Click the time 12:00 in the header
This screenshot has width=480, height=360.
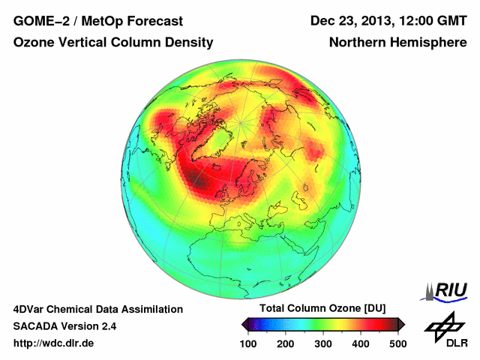[x=418, y=20]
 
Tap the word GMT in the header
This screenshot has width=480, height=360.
[x=451, y=20]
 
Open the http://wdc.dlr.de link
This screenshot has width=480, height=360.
[x=54, y=343]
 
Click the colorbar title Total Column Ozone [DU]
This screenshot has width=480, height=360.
[x=322, y=309]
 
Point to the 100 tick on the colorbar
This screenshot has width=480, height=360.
[x=249, y=343]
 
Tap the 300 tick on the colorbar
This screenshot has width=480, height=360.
[x=323, y=343]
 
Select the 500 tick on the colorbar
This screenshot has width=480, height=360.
[x=397, y=343]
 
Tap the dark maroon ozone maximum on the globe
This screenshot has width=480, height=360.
[x=196, y=178]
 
